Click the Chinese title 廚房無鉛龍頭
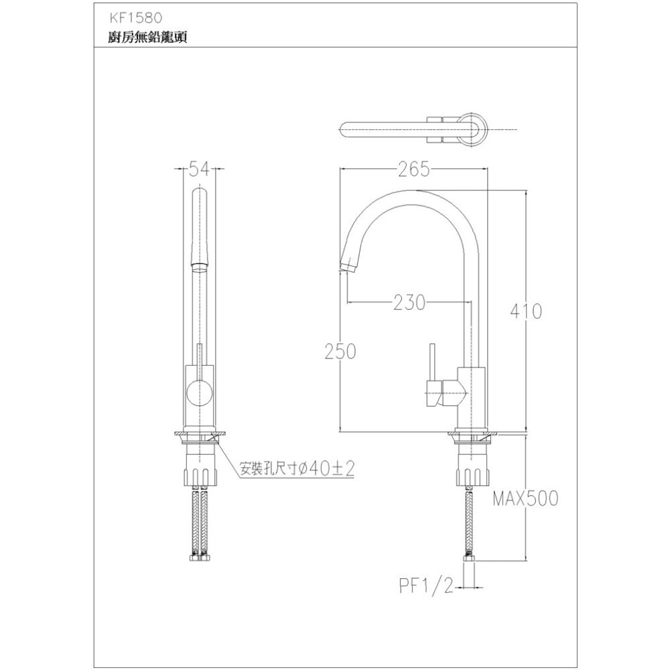pyautogui.click(x=138, y=38)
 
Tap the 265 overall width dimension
pyautogui.click(x=413, y=170)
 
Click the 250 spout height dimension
pyautogui.click(x=340, y=351)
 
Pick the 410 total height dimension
pyautogui.click(x=526, y=312)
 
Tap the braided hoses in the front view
pyautogui.click(x=199, y=523)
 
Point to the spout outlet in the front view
pyautogui.click(x=199, y=267)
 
